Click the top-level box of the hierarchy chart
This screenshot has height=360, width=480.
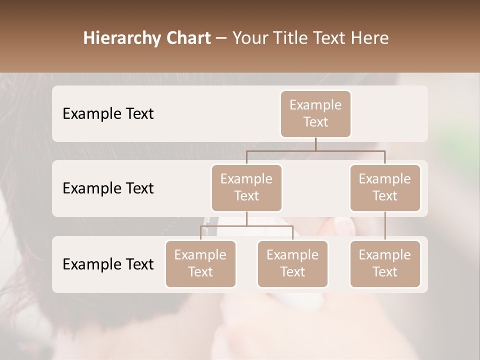pyautogui.click(x=315, y=113)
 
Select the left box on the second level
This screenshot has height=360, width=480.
pyautogui.click(x=246, y=187)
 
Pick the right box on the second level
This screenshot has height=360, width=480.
pyautogui.click(x=385, y=187)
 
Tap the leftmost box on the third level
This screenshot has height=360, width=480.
pyautogui.click(x=200, y=263)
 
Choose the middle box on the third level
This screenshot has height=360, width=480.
pyautogui.click(x=292, y=263)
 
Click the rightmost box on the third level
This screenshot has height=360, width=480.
pyautogui.click(x=385, y=263)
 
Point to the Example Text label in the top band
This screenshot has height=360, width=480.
pyautogui.click(x=108, y=113)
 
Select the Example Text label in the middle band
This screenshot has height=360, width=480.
pyautogui.click(x=108, y=188)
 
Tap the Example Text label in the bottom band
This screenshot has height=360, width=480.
pyautogui.click(x=108, y=264)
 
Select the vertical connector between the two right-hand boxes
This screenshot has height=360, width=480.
pyautogui.click(x=385, y=226)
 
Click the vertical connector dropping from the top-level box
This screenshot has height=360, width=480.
pyautogui.click(x=315, y=144)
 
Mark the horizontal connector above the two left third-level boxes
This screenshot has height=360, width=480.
pyautogui.click(x=246, y=226)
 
